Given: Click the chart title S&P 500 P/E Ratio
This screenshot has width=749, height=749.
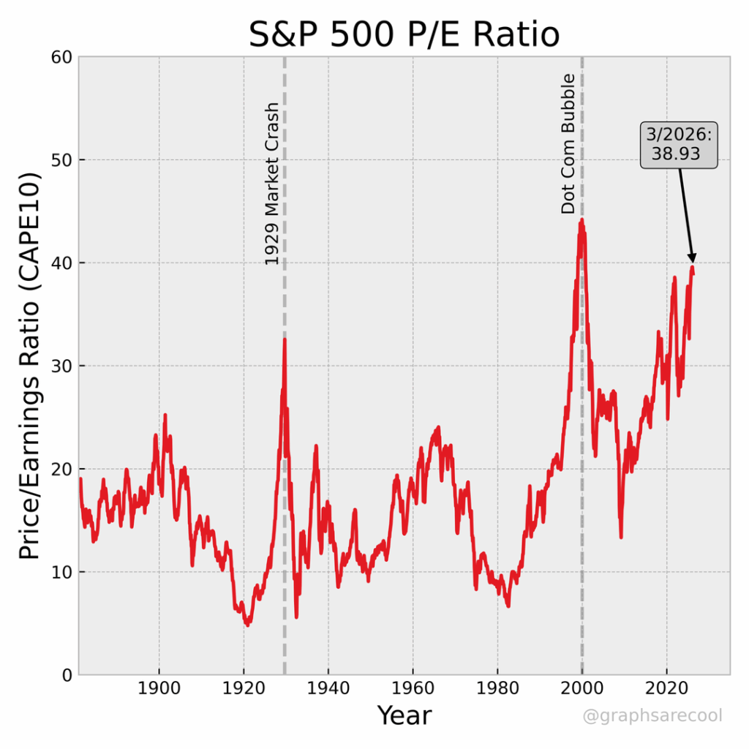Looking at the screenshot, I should point(404,34).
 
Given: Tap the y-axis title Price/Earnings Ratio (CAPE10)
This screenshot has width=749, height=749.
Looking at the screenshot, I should point(29,366).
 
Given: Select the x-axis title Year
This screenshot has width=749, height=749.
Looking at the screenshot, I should point(404,715).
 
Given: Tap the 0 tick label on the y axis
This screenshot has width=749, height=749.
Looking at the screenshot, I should point(66,674).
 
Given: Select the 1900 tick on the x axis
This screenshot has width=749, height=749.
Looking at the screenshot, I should point(159,690).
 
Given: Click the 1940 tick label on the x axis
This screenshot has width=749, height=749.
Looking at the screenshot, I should point(328,690).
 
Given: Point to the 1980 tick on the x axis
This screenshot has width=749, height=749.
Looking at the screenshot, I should point(497,690).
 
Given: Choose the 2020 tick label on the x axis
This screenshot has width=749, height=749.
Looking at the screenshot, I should point(667,690).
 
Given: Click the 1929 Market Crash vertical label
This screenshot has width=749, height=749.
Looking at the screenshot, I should point(271,183).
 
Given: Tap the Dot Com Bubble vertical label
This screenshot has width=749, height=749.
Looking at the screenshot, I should point(568,143).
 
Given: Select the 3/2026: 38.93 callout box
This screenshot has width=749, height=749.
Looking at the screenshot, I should point(679,146).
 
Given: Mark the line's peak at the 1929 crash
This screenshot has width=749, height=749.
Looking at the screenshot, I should point(285,339).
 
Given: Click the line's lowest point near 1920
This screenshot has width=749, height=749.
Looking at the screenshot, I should point(248,625).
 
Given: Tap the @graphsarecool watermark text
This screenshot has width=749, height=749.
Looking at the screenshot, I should point(652,715).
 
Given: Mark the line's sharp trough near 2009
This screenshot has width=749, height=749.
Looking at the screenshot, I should point(621,538).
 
